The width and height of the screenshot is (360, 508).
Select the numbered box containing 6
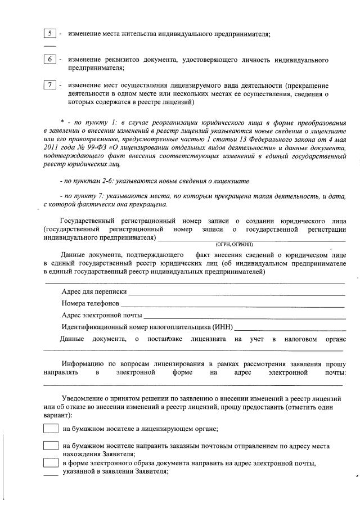pyautogui.click(x=49, y=60)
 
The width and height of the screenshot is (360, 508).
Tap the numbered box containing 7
pyautogui.click(x=49, y=86)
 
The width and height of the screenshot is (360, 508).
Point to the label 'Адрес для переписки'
pyautogui.click(x=94, y=293)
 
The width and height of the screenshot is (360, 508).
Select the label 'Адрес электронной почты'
pyautogui.click(x=101, y=315)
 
